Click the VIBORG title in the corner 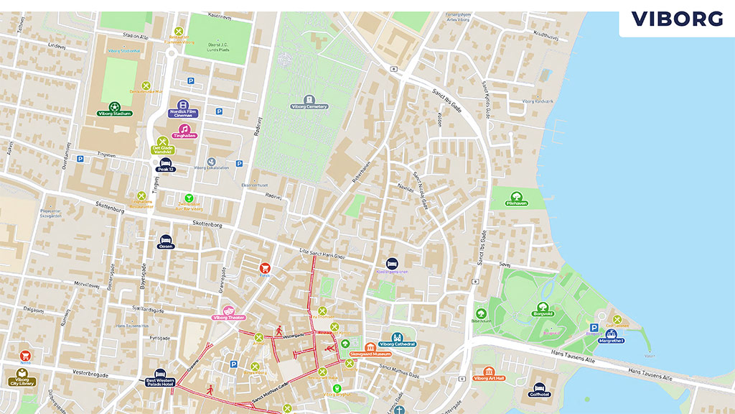tap(677, 19)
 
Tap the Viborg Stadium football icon tap(114, 107)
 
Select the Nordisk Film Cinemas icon tap(184, 106)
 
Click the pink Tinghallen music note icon tap(184, 129)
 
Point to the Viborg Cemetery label tap(309, 106)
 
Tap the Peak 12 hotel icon tap(166, 163)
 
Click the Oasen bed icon tap(166, 239)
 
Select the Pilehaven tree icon tap(516, 197)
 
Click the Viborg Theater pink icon tap(229, 310)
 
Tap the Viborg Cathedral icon tap(397, 337)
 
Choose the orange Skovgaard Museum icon tap(370, 348)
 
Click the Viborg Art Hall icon tap(490, 372)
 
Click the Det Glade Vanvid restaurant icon tap(163, 142)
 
